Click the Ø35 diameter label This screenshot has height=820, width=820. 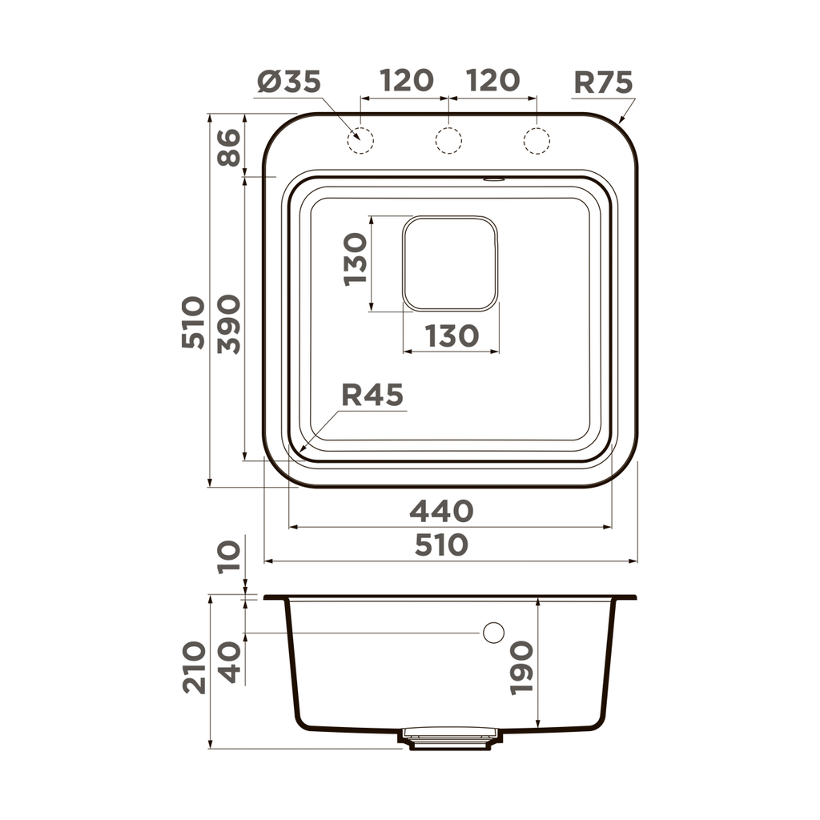289,82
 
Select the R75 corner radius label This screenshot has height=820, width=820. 603,82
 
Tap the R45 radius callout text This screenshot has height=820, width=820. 372,395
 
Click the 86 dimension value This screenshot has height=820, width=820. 230,147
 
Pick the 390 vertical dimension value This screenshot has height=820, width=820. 230,324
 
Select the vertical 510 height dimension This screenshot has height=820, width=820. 193,322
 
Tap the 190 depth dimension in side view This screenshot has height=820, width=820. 521,667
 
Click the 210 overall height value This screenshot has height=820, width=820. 193,667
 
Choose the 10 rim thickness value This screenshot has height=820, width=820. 230,556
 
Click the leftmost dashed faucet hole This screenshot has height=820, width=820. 360,140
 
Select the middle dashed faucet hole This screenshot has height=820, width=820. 448,140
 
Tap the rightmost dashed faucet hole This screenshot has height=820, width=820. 537,140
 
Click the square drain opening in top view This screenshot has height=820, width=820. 450,263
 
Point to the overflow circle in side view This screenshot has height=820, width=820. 493,633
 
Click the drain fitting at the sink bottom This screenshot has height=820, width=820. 450,738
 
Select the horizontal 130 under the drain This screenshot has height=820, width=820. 451,336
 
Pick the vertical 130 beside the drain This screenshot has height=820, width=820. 355,259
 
